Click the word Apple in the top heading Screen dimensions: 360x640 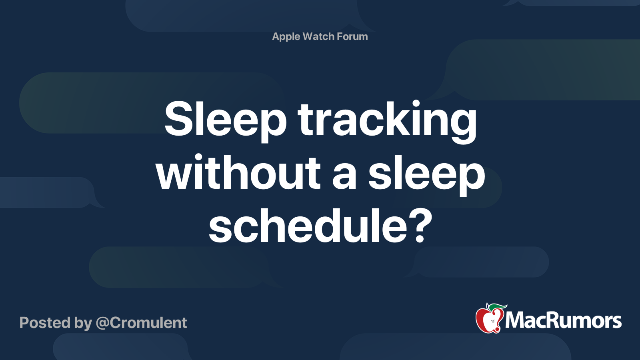pyautogui.click(x=286, y=37)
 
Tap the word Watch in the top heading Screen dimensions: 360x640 pyautogui.click(x=318, y=36)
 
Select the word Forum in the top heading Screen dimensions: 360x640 pyautogui.click(x=352, y=36)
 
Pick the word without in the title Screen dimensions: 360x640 pyautogui.click(x=238, y=174)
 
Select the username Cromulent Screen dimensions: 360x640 pyautogui.click(x=148, y=323)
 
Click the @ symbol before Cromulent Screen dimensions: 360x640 pyautogui.click(x=102, y=323)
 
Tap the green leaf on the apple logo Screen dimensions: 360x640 pyautogui.click(x=498, y=307)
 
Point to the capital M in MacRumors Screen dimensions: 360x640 pyautogui.click(x=516, y=321)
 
